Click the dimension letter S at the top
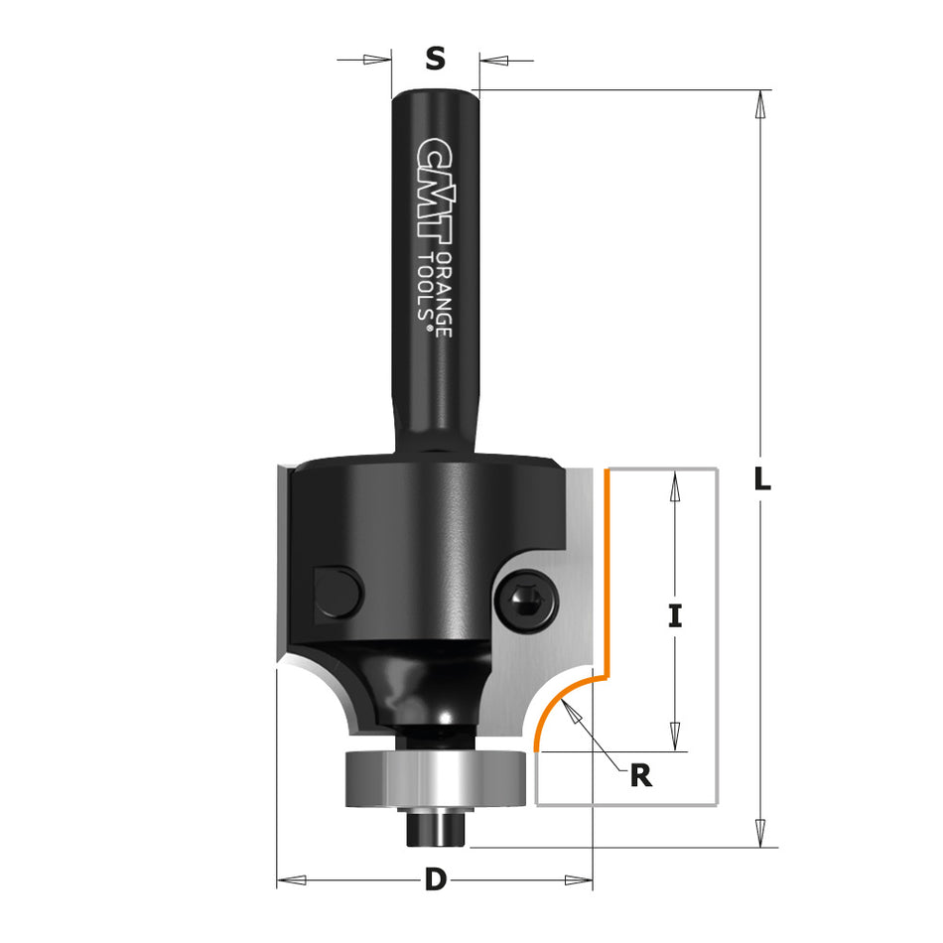(435, 60)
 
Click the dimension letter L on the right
(761, 479)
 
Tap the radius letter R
(641, 775)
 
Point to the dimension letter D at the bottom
(435, 879)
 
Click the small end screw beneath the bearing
(435, 826)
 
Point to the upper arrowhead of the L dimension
(761, 104)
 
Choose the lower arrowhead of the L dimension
(761, 834)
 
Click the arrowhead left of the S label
(377, 60)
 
